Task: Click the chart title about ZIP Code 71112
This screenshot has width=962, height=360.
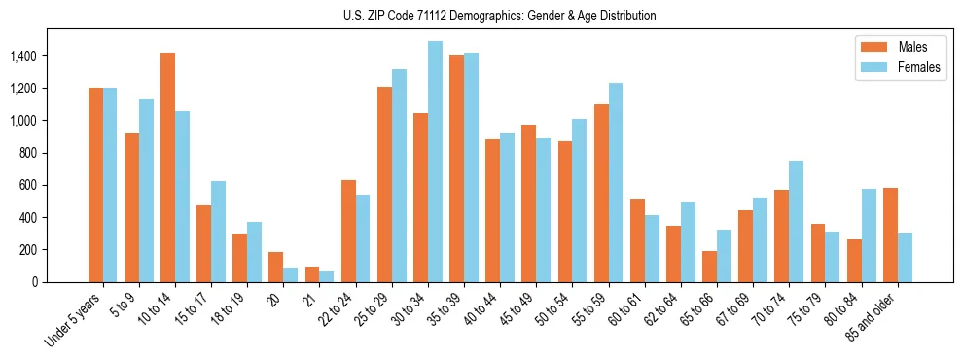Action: coord(500,16)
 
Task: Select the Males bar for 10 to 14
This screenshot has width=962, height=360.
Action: coord(168,167)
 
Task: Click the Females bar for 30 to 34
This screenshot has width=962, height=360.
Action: coord(435,162)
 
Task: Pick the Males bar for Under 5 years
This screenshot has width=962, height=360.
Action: coord(95,185)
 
